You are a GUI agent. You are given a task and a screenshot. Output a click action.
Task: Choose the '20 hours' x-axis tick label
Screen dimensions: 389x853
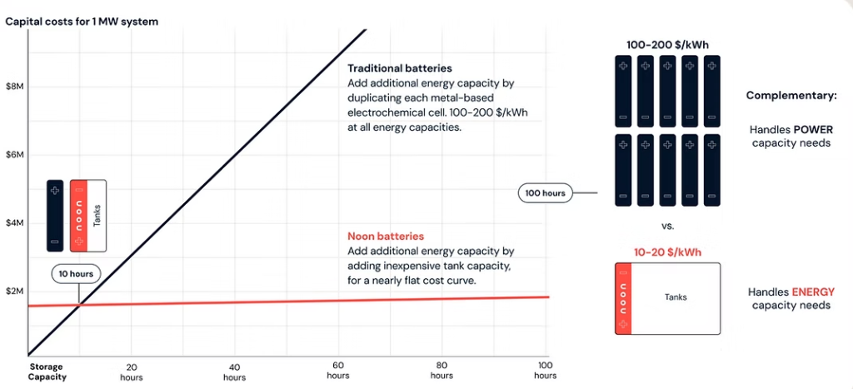131,372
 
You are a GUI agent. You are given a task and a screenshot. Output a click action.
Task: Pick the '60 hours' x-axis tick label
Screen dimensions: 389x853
338,372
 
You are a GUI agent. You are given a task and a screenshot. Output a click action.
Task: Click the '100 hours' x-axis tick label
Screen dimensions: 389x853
545,371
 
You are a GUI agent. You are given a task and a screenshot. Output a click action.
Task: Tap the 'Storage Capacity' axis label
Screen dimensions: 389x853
46,372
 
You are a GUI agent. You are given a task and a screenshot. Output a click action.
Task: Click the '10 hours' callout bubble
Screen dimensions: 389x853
76,274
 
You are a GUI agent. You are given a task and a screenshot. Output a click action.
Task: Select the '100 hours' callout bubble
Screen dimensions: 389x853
546,193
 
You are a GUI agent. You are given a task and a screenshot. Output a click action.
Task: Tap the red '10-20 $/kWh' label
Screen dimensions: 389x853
666,251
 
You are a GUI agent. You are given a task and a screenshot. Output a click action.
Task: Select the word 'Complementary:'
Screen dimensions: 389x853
791,96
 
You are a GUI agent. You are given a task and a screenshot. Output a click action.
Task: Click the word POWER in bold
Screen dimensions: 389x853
813,129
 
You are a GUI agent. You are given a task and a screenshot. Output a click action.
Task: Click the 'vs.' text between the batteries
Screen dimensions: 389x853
668,226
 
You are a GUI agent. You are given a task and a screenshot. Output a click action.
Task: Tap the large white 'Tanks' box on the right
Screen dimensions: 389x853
676,297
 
